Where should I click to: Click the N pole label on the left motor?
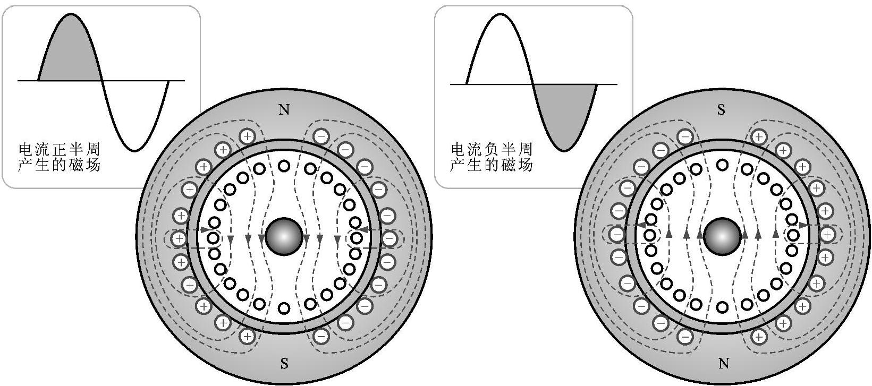coord(284,110)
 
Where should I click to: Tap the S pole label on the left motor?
coord(284,364)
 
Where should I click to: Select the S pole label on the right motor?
coord(721,110)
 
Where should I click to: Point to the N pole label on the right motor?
coord(723,364)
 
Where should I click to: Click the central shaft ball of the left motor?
coord(284,237)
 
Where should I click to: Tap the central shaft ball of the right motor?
coord(722,237)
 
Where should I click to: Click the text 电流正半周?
coord(59,149)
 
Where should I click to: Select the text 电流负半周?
coord(491,149)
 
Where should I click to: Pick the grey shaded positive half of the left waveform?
coord(69,53)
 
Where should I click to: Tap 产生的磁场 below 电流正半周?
coord(59,166)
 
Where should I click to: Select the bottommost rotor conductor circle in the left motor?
coord(284,308)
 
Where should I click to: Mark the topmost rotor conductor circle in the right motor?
coord(722,165)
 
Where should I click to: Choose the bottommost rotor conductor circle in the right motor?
coord(722,307)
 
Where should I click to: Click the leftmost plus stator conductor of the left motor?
coord(179,239)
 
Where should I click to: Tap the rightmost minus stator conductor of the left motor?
coord(390,239)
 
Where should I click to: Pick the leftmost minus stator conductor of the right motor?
coord(617,234)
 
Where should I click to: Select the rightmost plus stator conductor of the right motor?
coord(827,234)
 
